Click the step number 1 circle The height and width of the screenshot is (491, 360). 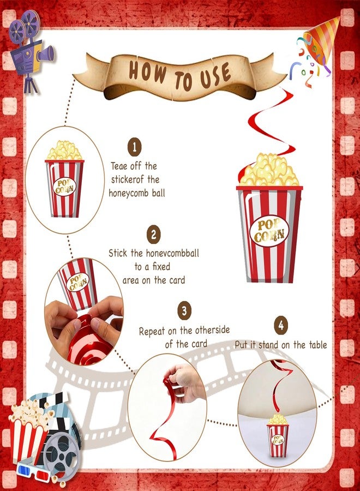(x=135, y=147)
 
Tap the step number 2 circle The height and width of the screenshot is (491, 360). (x=153, y=234)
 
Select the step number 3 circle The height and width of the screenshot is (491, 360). (x=184, y=310)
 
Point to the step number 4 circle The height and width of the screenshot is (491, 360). (x=281, y=326)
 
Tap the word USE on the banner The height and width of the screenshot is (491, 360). (x=216, y=76)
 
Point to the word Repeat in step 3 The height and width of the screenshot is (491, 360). (x=152, y=331)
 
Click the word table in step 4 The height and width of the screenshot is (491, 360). (x=318, y=345)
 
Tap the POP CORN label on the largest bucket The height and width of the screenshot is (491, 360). (x=269, y=231)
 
